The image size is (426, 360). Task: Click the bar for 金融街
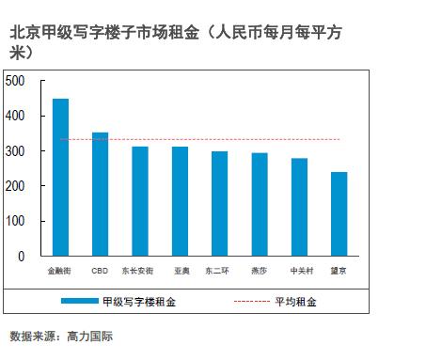click(x=60, y=178)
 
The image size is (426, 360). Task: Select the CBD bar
click(x=100, y=195)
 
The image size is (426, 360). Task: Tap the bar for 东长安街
click(x=140, y=201)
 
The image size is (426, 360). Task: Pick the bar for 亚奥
click(x=180, y=201)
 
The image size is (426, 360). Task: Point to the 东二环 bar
click(x=220, y=204)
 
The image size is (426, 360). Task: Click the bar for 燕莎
click(x=260, y=204)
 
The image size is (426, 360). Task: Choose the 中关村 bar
click(x=299, y=207)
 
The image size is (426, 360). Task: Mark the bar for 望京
click(x=339, y=214)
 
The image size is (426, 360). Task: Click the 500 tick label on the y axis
click(x=15, y=81)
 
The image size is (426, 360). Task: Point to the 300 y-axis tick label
click(x=15, y=151)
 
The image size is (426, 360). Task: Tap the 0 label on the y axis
click(x=21, y=257)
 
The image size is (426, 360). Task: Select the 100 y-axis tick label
click(x=15, y=221)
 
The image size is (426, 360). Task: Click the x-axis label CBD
click(x=100, y=271)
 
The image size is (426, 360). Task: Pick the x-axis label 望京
click(x=339, y=271)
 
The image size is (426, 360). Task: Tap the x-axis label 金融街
click(x=59, y=271)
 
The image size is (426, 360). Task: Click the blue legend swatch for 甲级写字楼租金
click(x=80, y=301)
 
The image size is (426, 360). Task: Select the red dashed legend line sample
click(x=252, y=302)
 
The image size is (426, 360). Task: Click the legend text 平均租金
click(x=295, y=302)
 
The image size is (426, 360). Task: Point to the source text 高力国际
click(x=90, y=337)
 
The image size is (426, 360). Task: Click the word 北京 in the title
click(x=25, y=32)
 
